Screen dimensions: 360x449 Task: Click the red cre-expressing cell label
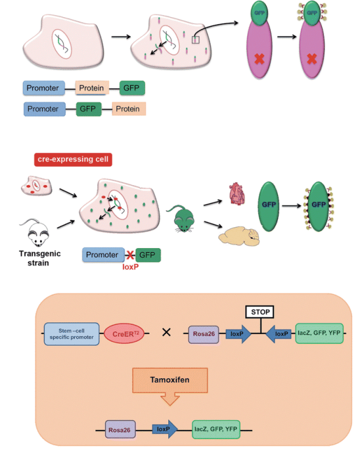(x=73, y=160)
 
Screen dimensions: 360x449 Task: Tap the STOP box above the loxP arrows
(x=259, y=312)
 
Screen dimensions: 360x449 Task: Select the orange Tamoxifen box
(x=170, y=380)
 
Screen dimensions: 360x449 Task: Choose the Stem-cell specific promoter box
(x=72, y=334)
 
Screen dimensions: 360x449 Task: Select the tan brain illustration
(x=239, y=236)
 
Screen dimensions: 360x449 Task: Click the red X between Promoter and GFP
(x=130, y=255)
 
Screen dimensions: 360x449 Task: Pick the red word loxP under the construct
(x=131, y=267)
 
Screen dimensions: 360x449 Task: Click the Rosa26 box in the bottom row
(x=120, y=429)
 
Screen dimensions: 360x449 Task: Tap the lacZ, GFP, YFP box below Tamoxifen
(x=216, y=429)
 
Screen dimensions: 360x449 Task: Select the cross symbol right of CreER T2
(x=166, y=332)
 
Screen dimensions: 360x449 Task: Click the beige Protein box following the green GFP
(x=128, y=109)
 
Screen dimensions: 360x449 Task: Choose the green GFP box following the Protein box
(x=132, y=88)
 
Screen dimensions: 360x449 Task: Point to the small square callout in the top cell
(x=196, y=39)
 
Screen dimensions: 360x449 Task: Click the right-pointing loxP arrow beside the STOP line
(x=238, y=334)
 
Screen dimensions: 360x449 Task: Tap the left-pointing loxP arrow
(x=279, y=334)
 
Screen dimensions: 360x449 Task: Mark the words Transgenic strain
(x=39, y=258)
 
